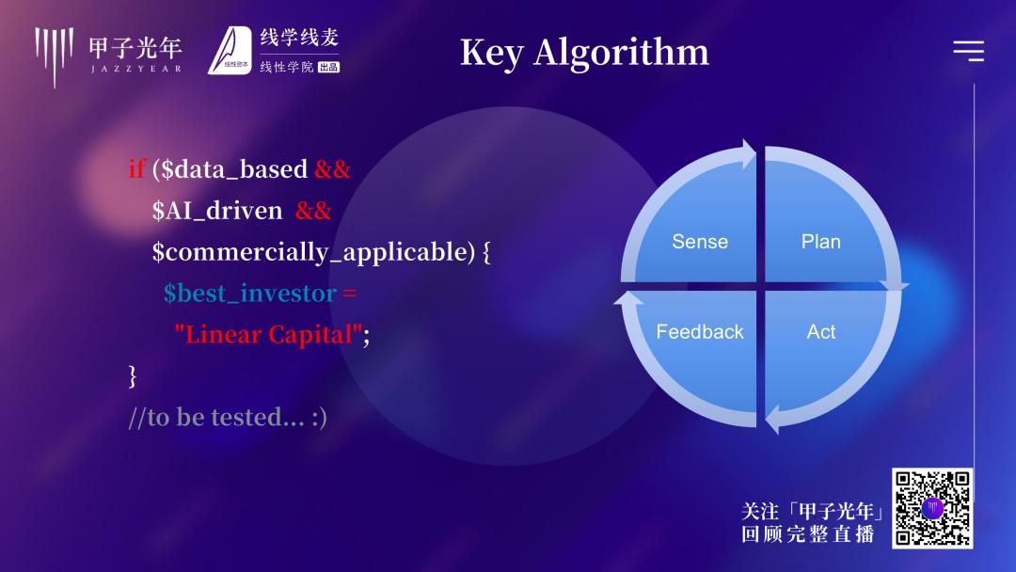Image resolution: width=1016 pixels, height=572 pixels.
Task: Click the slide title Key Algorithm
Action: [584, 53]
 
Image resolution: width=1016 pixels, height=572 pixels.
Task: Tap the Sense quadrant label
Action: [700, 242]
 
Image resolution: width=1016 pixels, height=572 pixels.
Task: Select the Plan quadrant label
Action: [821, 242]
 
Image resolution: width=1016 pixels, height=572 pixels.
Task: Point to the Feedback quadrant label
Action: [700, 332]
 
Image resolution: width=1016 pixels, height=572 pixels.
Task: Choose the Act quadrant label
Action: [821, 332]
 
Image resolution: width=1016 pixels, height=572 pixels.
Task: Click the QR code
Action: [931, 509]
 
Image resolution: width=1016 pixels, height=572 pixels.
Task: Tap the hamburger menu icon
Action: [969, 51]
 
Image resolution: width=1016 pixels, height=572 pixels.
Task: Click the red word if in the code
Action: [136, 168]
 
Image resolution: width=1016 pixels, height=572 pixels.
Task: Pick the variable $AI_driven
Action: [217, 211]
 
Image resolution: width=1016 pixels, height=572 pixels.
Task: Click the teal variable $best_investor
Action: [249, 294]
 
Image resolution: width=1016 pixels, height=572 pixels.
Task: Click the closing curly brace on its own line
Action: [133, 375]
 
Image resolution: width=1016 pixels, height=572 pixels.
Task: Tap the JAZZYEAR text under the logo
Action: [136, 69]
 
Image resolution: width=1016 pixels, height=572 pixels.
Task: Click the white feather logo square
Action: [230, 51]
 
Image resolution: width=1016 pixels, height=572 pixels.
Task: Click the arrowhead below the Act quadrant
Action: [773, 419]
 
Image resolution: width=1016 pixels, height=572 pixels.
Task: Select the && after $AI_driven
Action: [313, 211]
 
